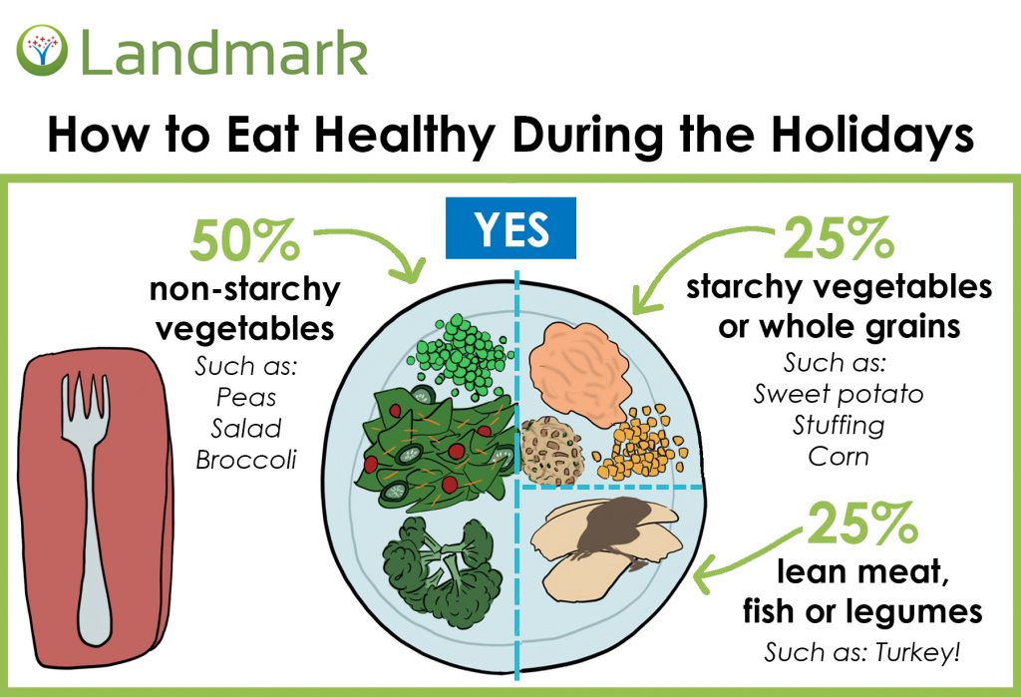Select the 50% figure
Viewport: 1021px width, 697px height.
coord(244,239)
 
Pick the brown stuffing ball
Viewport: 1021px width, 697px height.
coord(553,448)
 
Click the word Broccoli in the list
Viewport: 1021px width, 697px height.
coord(246,461)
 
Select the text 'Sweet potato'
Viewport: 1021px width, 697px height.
coord(839,393)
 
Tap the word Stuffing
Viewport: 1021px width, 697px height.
coord(839,425)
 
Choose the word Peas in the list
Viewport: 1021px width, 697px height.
coord(246,397)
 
